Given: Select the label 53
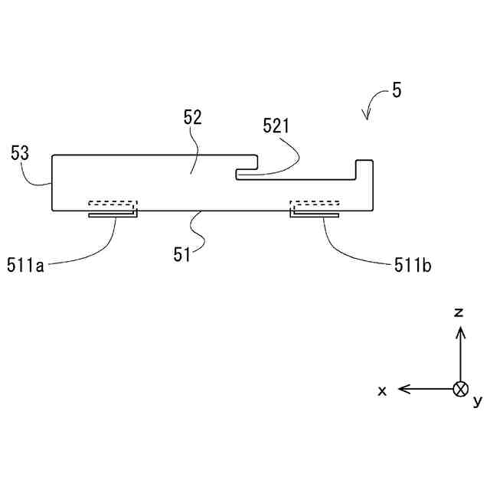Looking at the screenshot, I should [20, 152].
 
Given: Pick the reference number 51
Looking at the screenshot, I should [181, 255].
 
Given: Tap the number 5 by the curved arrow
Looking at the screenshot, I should [396, 90].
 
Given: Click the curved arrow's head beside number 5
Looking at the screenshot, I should [367, 116].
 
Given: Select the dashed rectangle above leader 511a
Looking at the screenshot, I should [113, 205].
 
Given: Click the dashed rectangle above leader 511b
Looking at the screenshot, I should [315, 205].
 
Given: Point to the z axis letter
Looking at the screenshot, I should [459, 312].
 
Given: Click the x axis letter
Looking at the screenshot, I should [382, 390].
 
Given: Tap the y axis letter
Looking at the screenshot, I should [477, 400].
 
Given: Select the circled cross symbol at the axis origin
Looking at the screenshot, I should [459, 389].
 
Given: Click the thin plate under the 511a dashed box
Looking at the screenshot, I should [113, 214].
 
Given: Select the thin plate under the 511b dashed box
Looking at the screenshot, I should [315, 214].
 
